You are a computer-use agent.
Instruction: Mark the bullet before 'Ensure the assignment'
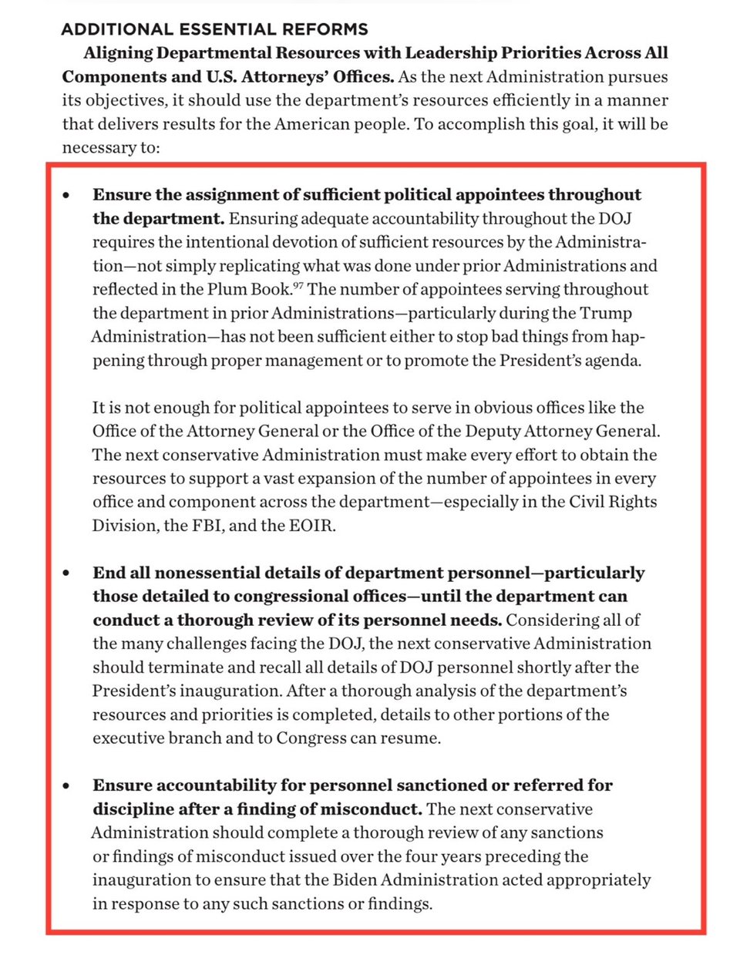(x=67, y=195)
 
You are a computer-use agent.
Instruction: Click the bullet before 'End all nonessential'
(x=67, y=573)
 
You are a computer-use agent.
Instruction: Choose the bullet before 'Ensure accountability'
(x=67, y=786)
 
